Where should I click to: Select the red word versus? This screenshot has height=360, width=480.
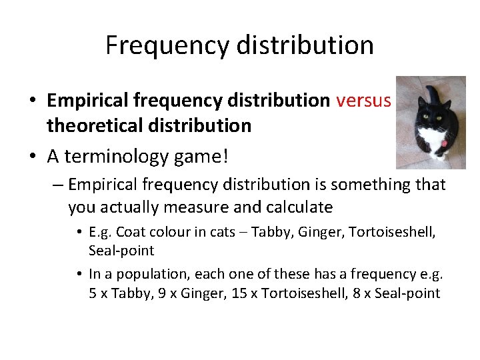(363, 101)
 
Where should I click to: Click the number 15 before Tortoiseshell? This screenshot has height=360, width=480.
(238, 293)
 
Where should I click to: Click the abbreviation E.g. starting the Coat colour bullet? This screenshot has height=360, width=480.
(100, 233)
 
